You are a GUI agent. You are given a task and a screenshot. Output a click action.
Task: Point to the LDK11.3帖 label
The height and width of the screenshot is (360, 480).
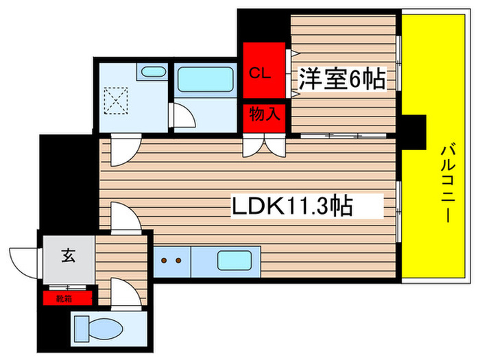pyautogui.click(x=296, y=204)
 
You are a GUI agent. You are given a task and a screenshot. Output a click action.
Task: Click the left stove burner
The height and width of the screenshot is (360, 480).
pyautogui.click(x=165, y=261)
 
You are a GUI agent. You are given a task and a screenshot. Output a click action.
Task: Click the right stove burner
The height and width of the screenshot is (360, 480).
pyautogui.click(x=180, y=261)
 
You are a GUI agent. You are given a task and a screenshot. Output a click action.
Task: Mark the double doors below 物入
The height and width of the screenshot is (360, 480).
pyautogui.click(x=264, y=145)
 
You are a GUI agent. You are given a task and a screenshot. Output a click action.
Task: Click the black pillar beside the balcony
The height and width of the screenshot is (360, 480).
pyautogui.click(x=413, y=132)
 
